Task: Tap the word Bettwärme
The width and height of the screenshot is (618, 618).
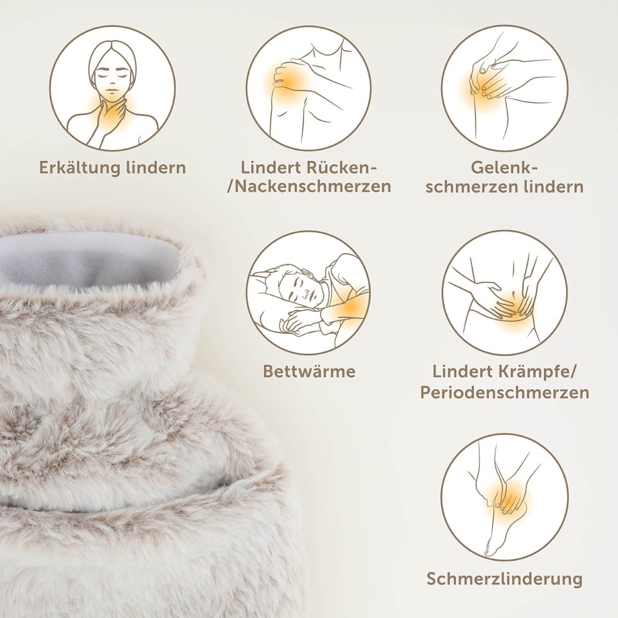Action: pos(309,371)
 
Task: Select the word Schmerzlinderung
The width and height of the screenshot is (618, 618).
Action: pos(505,578)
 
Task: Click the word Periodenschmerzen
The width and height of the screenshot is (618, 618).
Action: pos(505,393)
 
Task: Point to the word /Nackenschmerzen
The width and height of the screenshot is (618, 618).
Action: pos(309,186)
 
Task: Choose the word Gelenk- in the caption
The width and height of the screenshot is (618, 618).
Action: pos(505,168)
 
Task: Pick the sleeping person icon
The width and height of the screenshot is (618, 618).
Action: pos(308,293)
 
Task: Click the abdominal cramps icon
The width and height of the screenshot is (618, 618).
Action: pos(505,293)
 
